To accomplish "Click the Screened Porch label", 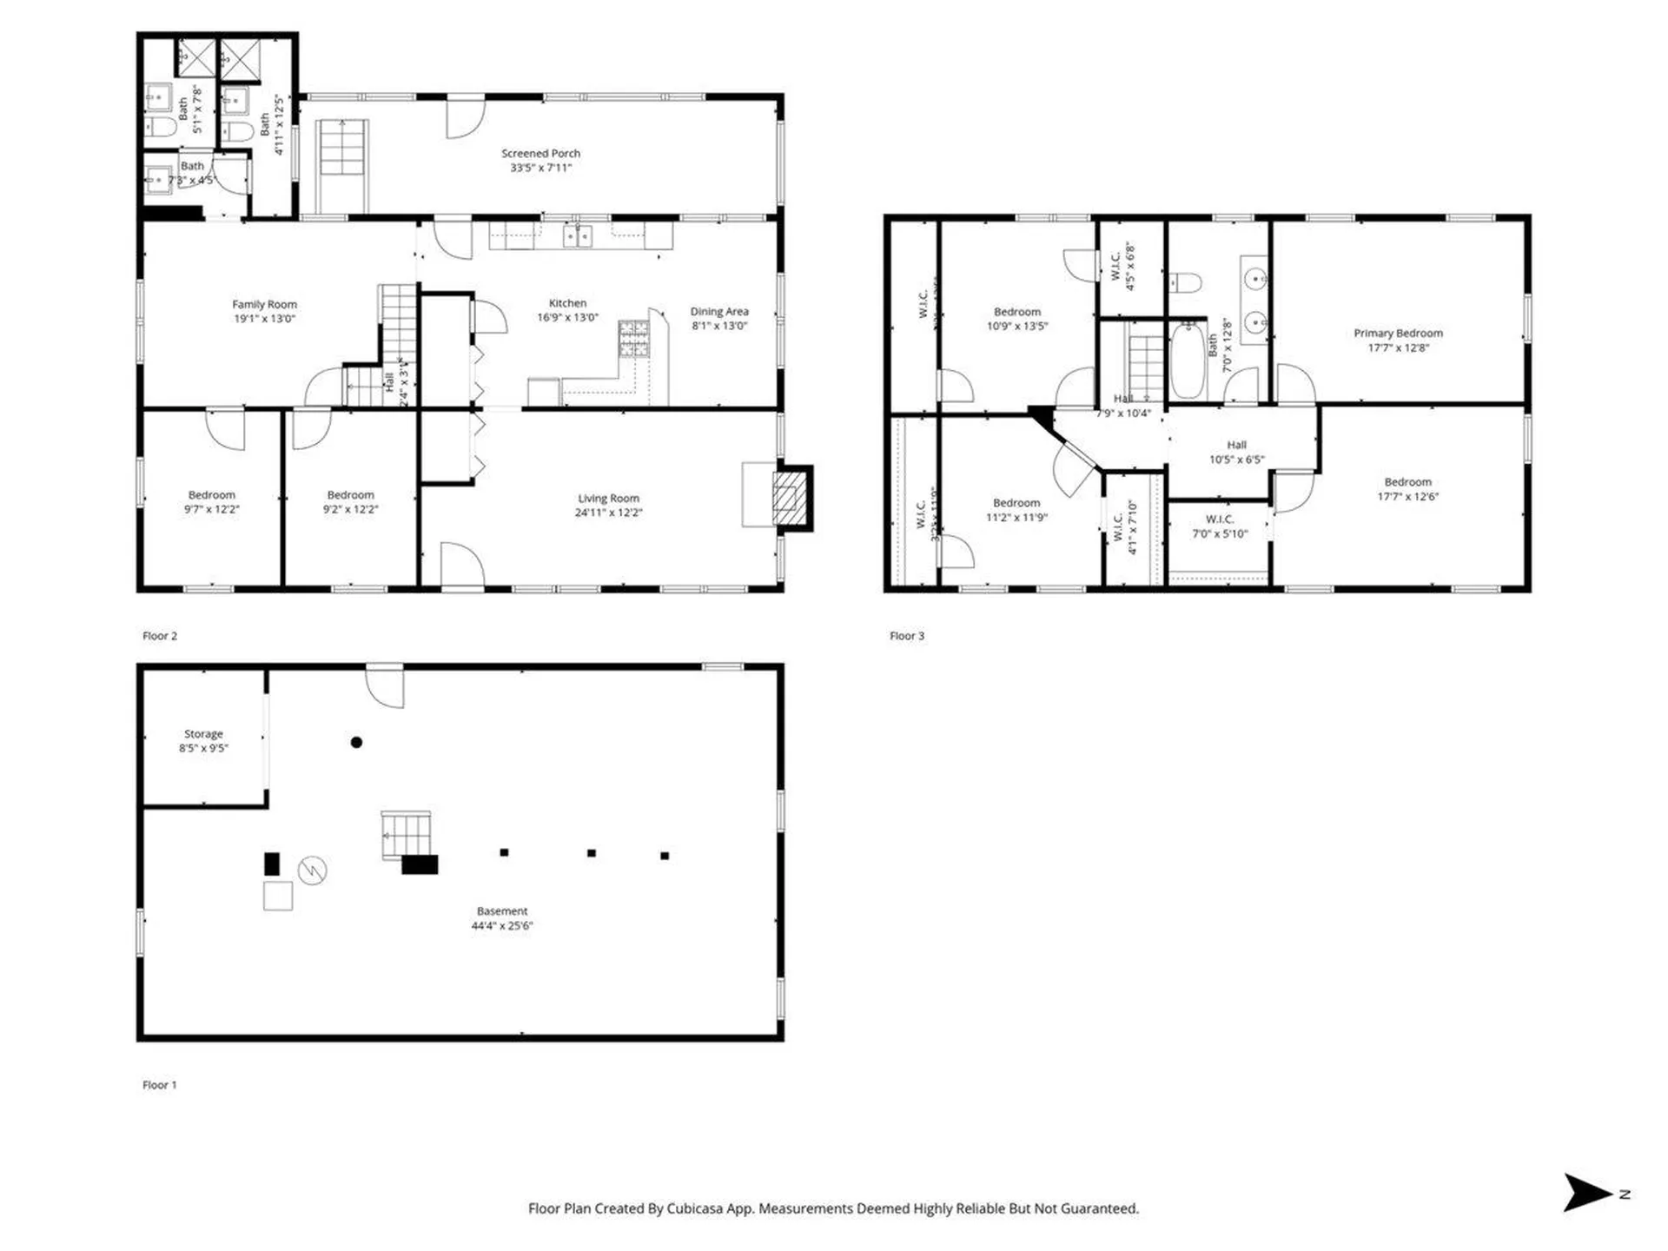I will tap(540, 154).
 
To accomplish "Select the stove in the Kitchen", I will tap(633, 339).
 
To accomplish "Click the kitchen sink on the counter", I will tap(577, 235).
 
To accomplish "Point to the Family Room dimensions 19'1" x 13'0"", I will tap(264, 319).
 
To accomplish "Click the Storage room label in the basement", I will tap(203, 734).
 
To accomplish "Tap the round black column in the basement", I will tap(356, 742).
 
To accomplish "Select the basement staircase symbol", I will tap(406, 834).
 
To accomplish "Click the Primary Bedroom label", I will tap(1397, 333).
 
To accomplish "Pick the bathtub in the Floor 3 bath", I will tap(1188, 361).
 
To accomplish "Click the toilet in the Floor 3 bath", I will tap(1185, 282).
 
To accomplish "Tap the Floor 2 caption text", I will tap(160, 636).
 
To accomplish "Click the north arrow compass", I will tap(1588, 1192).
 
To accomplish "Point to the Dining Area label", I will tap(718, 311).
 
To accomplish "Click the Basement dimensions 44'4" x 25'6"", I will tap(501, 926).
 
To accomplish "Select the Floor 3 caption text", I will tap(907, 636).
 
